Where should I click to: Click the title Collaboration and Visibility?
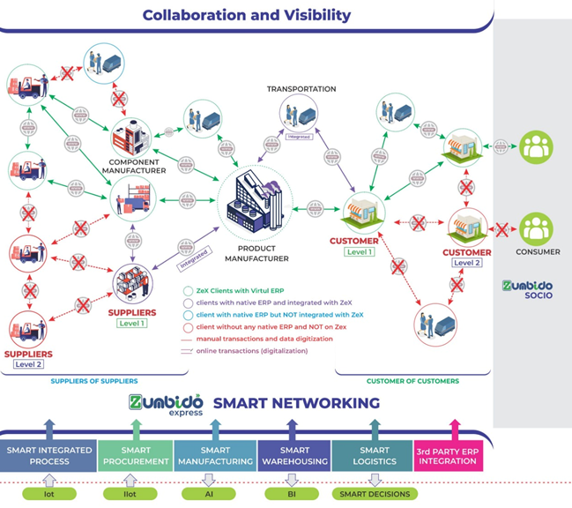(x=246, y=15)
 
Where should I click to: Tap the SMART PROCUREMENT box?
(x=136, y=456)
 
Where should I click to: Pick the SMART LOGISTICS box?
(x=374, y=456)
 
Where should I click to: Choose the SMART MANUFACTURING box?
(x=214, y=456)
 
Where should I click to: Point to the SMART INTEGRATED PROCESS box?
(x=48, y=456)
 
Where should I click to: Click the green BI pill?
(x=292, y=494)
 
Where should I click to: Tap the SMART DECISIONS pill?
(x=375, y=494)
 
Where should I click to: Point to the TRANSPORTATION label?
(x=301, y=89)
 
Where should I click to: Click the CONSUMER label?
(x=538, y=252)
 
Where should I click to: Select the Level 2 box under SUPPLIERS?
(x=30, y=362)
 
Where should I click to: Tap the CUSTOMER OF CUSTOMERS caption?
(x=412, y=381)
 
